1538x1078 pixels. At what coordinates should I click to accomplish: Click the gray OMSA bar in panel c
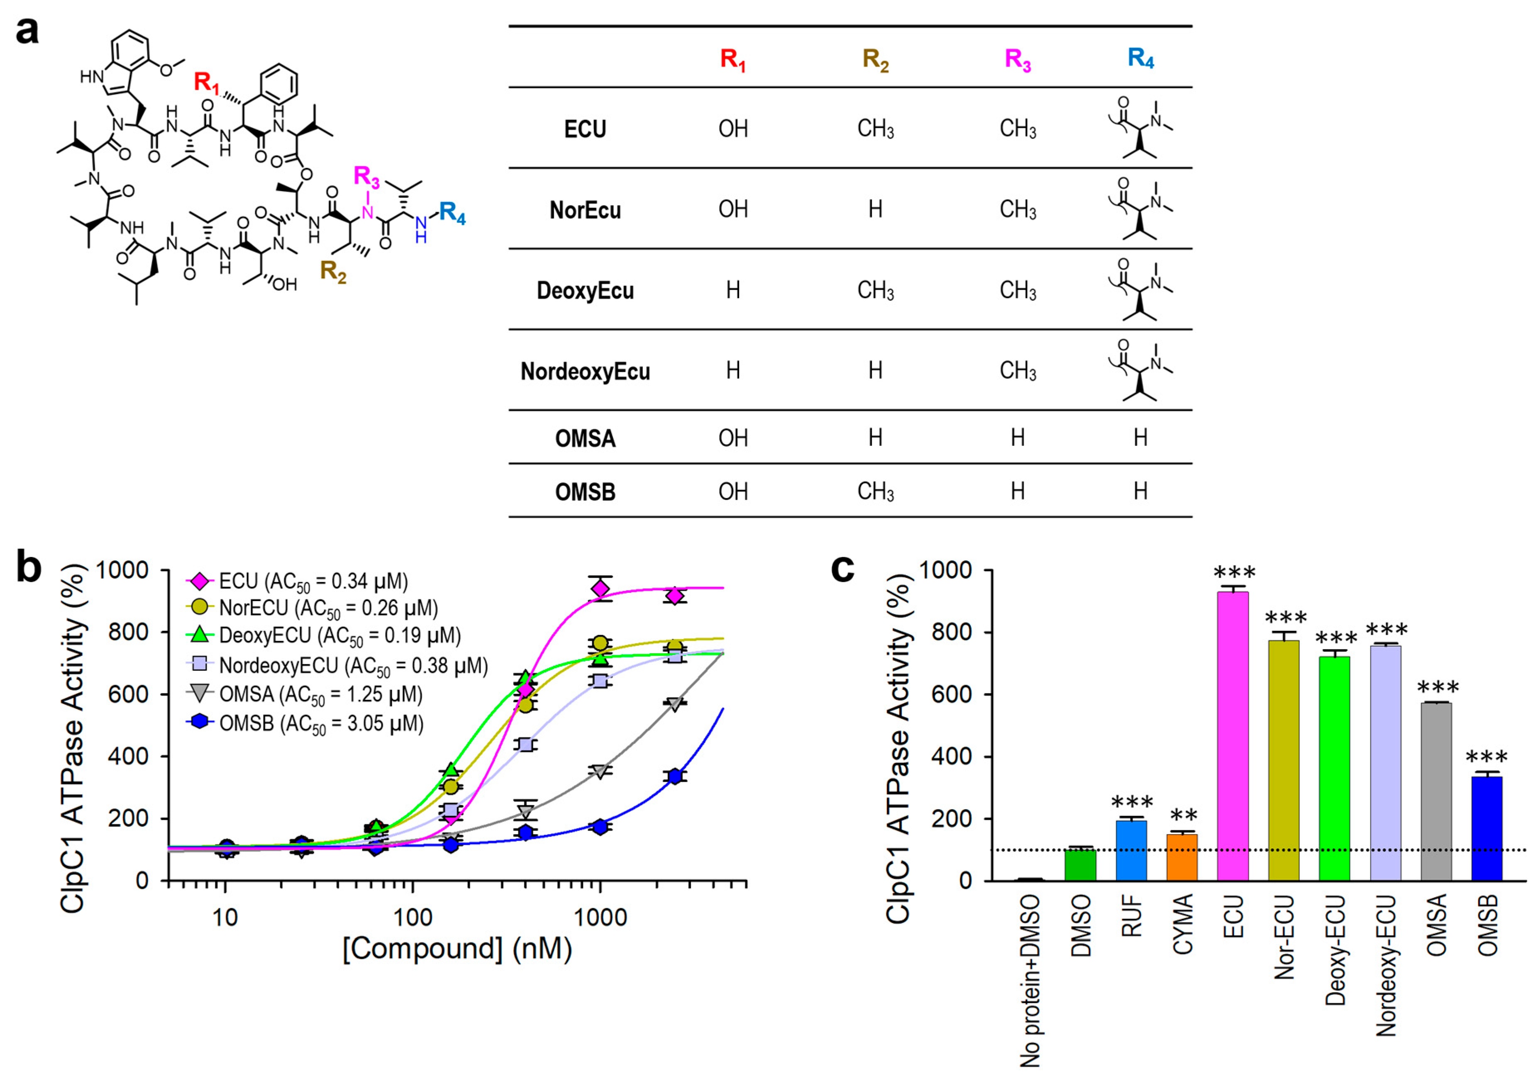click(x=1435, y=791)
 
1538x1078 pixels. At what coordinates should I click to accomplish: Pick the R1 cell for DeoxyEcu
click(x=733, y=290)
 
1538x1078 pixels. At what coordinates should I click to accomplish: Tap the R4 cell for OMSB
click(x=1140, y=492)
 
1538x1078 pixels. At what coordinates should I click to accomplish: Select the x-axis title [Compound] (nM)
click(x=457, y=949)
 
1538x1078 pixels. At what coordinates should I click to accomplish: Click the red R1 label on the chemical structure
click(x=206, y=83)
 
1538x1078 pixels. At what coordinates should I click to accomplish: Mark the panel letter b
click(x=28, y=567)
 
